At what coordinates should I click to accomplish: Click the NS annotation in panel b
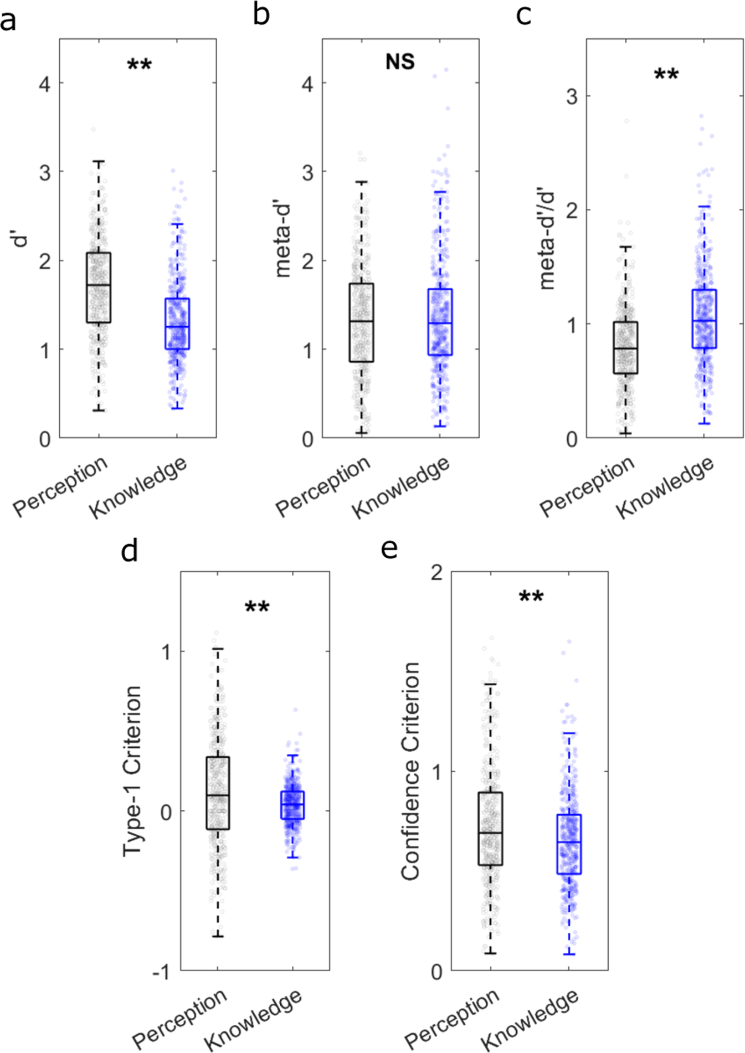pyautogui.click(x=400, y=61)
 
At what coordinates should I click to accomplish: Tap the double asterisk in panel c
pyautogui.click(x=666, y=75)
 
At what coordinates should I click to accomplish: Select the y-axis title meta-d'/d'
pyautogui.click(x=547, y=238)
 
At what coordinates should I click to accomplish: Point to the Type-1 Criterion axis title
pyautogui.click(x=132, y=771)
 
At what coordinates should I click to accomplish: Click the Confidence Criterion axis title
pyautogui.click(x=410, y=771)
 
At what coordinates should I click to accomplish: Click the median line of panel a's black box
pyautogui.click(x=99, y=285)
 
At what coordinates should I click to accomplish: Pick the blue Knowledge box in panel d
pyautogui.click(x=292, y=805)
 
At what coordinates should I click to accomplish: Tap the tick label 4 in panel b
pyautogui.click(x=307, y=84)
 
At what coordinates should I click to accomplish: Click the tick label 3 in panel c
pyautogui.click(x=572, y=96)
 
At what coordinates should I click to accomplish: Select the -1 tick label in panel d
pyautogui.click(x=161, y=972)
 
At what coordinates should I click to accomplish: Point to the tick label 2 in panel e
pyautogui.click(x=437, y=573)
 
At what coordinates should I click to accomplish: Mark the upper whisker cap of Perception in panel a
pyautogui.click(x=99, y=162)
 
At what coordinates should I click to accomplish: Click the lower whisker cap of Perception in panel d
pyautogui.click(x=218, y=936)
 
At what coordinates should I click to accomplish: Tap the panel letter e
pyautogui.click(x=389, y=548)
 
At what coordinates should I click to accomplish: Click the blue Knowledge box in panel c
pyautogui.click(x=704, y=319)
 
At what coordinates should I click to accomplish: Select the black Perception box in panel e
pyautogui.click(x=490, y=828)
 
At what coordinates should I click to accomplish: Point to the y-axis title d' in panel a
pyautogui.click(x=21, y=239)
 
